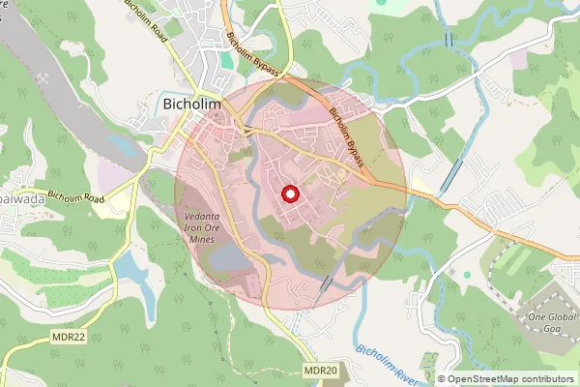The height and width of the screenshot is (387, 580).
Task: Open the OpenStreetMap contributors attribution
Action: tap(510, 379)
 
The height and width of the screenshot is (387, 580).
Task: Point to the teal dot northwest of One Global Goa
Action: tap(468, 274)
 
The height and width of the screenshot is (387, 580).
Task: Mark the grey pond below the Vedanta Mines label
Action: tap(222, 258)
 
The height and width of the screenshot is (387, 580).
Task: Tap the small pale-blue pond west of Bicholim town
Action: tap(122, 145)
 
